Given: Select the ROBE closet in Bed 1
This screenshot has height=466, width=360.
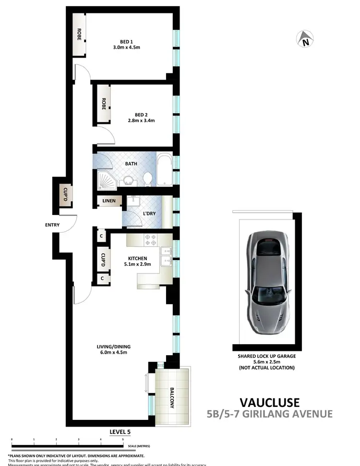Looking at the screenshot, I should [79, 35].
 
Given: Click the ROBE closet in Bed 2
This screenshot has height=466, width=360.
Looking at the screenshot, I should [103, 105].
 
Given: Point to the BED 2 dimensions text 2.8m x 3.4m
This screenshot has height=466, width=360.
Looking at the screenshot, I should [141, 121].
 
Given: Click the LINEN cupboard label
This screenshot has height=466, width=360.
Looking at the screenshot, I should [109, 201].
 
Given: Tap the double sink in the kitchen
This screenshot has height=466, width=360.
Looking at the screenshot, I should [166, 255].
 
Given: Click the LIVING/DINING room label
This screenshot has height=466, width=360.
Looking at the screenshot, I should [113, 347].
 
